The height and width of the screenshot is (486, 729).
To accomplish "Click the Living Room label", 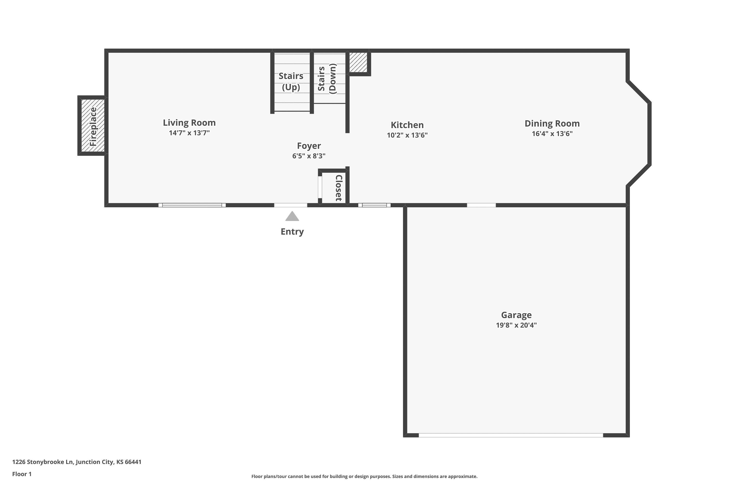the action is [189, 123].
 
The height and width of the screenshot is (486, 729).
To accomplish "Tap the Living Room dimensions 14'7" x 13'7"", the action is [189, 133].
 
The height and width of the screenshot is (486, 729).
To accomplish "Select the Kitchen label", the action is [407, 125].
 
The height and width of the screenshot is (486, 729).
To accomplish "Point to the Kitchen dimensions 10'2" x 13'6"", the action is [407, 135].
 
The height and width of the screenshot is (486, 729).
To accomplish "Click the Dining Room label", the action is [552, 123].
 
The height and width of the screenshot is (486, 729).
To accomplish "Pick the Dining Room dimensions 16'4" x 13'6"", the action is [552, 134].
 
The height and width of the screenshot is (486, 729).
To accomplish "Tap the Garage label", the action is [516, 315].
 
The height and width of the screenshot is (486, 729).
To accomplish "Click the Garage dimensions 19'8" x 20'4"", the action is [516, 325].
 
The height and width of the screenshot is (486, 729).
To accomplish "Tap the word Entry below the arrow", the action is [292, 232].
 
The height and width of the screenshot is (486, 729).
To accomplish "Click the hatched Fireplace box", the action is [93, 126].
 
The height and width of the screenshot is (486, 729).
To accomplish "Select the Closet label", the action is [339, 188].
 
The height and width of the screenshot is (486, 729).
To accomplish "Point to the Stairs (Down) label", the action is [327, 78].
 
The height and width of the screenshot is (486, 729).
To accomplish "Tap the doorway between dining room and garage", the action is [481, 205].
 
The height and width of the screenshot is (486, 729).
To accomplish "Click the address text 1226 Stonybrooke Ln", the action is [43, 462].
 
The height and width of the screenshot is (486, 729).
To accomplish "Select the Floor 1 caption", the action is [22, 474].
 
